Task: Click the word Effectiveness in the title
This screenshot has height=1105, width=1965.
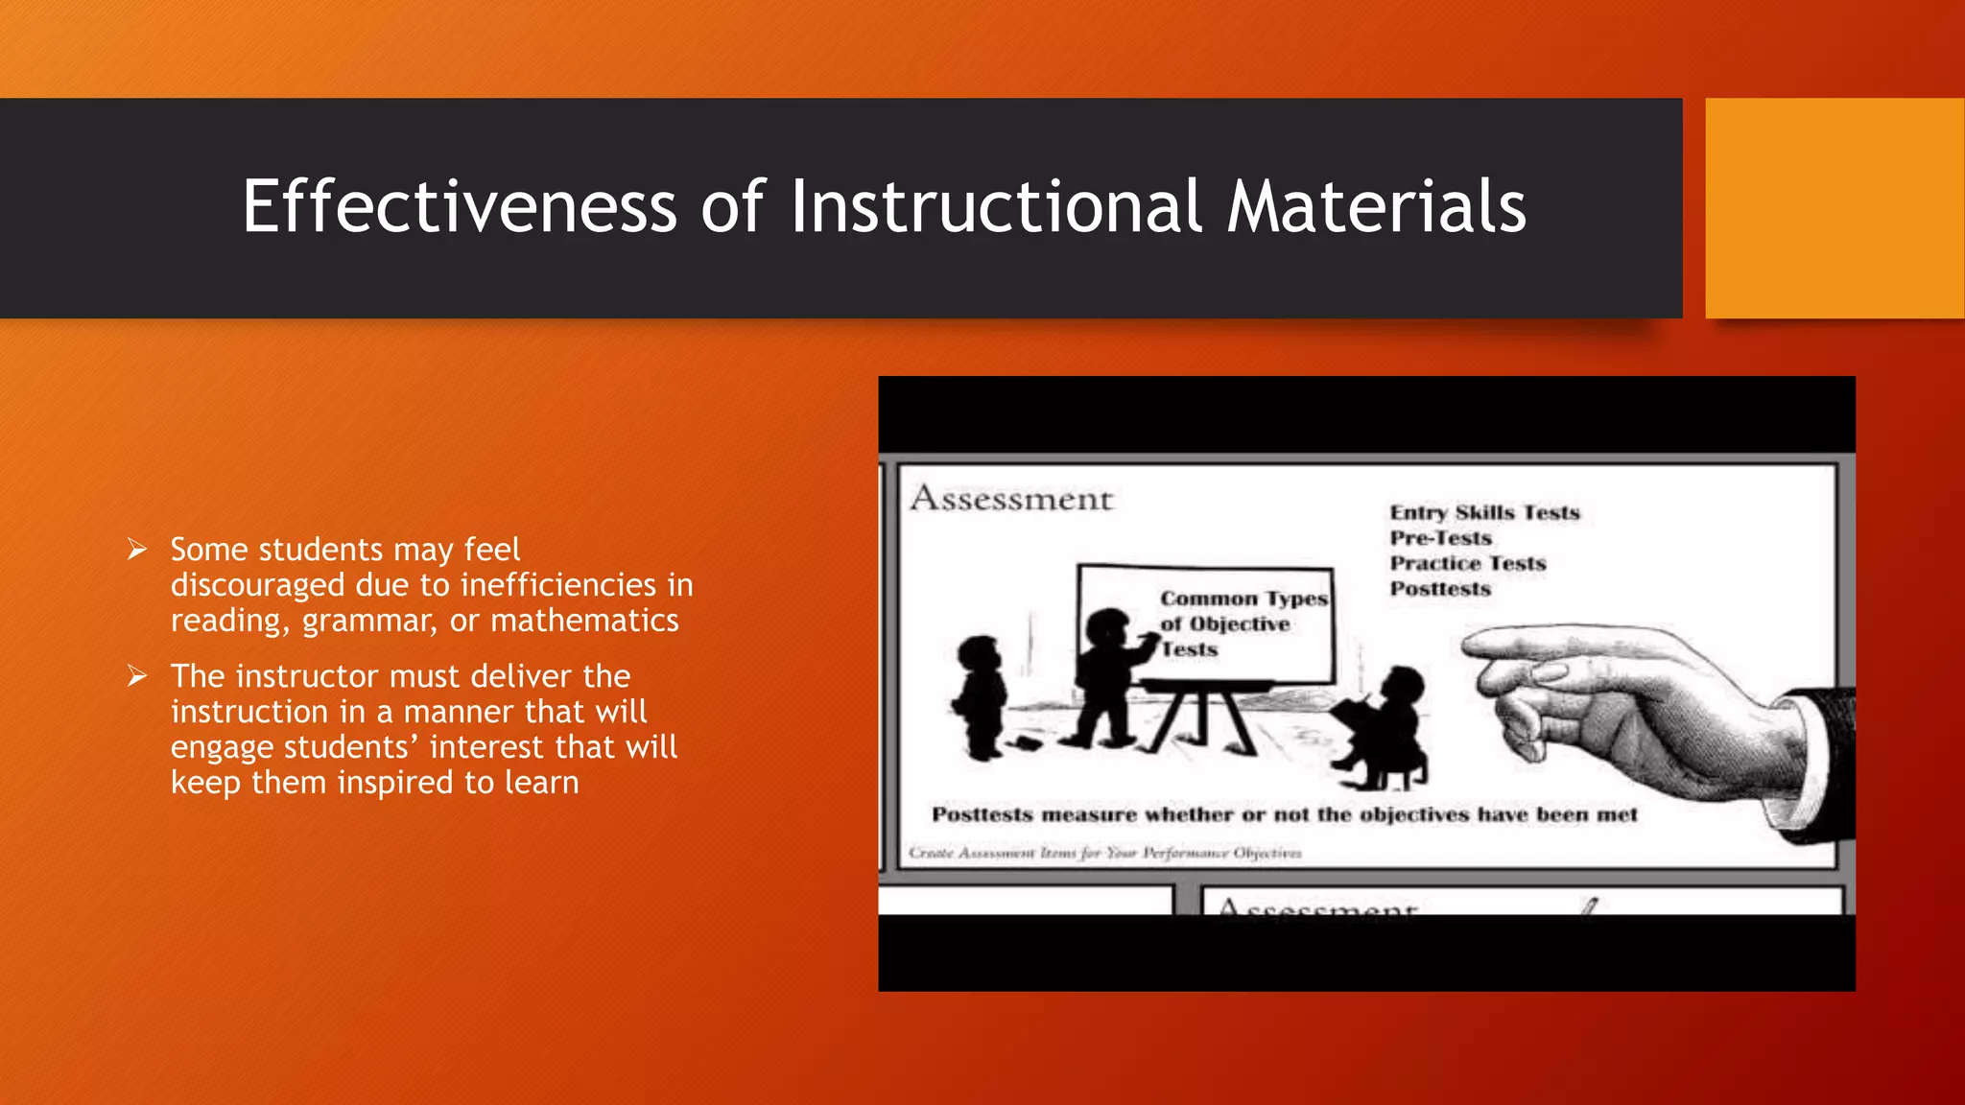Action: (x=460, y=207)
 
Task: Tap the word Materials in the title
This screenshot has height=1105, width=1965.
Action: (x=1377, y=207)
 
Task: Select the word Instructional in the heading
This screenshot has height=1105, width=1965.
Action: (x=995, y=207)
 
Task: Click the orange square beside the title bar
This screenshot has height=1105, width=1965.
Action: (x=1835, y=208)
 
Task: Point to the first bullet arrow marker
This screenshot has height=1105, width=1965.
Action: (x=137, y=550)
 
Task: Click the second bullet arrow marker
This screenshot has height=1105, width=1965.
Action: (x=137, y=676)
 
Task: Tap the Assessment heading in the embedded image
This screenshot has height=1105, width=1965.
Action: (x=1011, y=499)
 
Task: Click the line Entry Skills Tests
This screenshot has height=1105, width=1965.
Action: (x=1484, y=513)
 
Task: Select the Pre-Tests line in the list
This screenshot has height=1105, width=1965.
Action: (x=1440, y=538)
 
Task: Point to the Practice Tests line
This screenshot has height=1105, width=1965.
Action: (x=1468, y=564)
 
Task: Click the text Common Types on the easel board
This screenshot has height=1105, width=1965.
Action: (x=1243, y=599)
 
